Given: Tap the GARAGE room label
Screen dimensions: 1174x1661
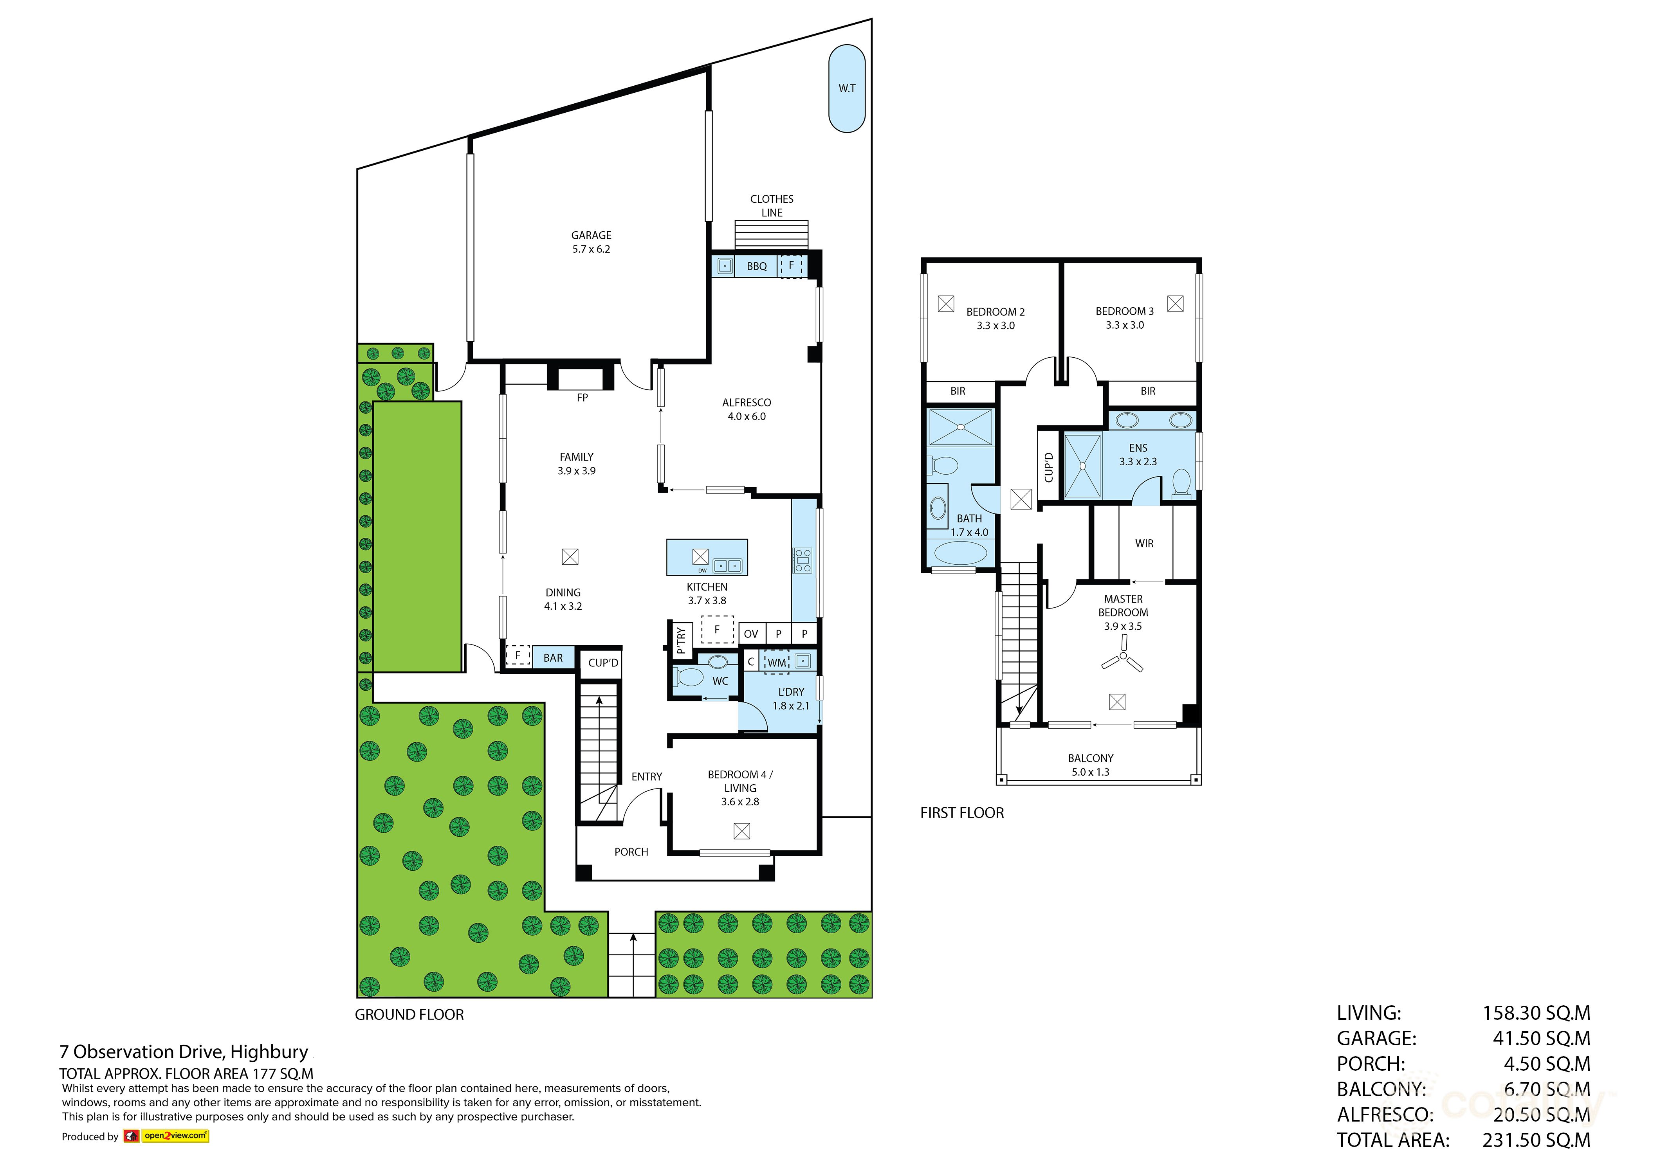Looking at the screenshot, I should pos(591,235).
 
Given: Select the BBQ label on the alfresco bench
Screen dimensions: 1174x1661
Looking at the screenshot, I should pos(757,266).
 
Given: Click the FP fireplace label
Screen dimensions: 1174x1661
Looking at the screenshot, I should pos(583,398).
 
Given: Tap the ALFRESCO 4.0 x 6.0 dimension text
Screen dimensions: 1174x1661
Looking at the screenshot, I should pos(747,417).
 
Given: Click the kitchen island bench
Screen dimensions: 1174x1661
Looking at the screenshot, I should pos(707,557).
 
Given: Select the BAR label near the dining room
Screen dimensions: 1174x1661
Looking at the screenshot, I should pos(553,658).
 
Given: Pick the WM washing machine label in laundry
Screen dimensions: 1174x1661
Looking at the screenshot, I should pos(776,663).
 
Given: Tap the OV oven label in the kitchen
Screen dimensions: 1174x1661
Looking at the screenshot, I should pos(751,634).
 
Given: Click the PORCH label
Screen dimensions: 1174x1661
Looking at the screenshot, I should pos(631,852).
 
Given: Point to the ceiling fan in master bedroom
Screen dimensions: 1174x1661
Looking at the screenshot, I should pos(1122,659).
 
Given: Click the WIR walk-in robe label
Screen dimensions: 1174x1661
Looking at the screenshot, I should pos(1144,543).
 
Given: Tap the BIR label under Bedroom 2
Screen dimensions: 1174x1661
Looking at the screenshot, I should pos(958,391).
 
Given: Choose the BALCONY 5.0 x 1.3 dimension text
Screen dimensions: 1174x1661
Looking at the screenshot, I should pos(1090,772).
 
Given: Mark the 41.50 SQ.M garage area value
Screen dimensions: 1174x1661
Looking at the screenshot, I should pos(1541,1039).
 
